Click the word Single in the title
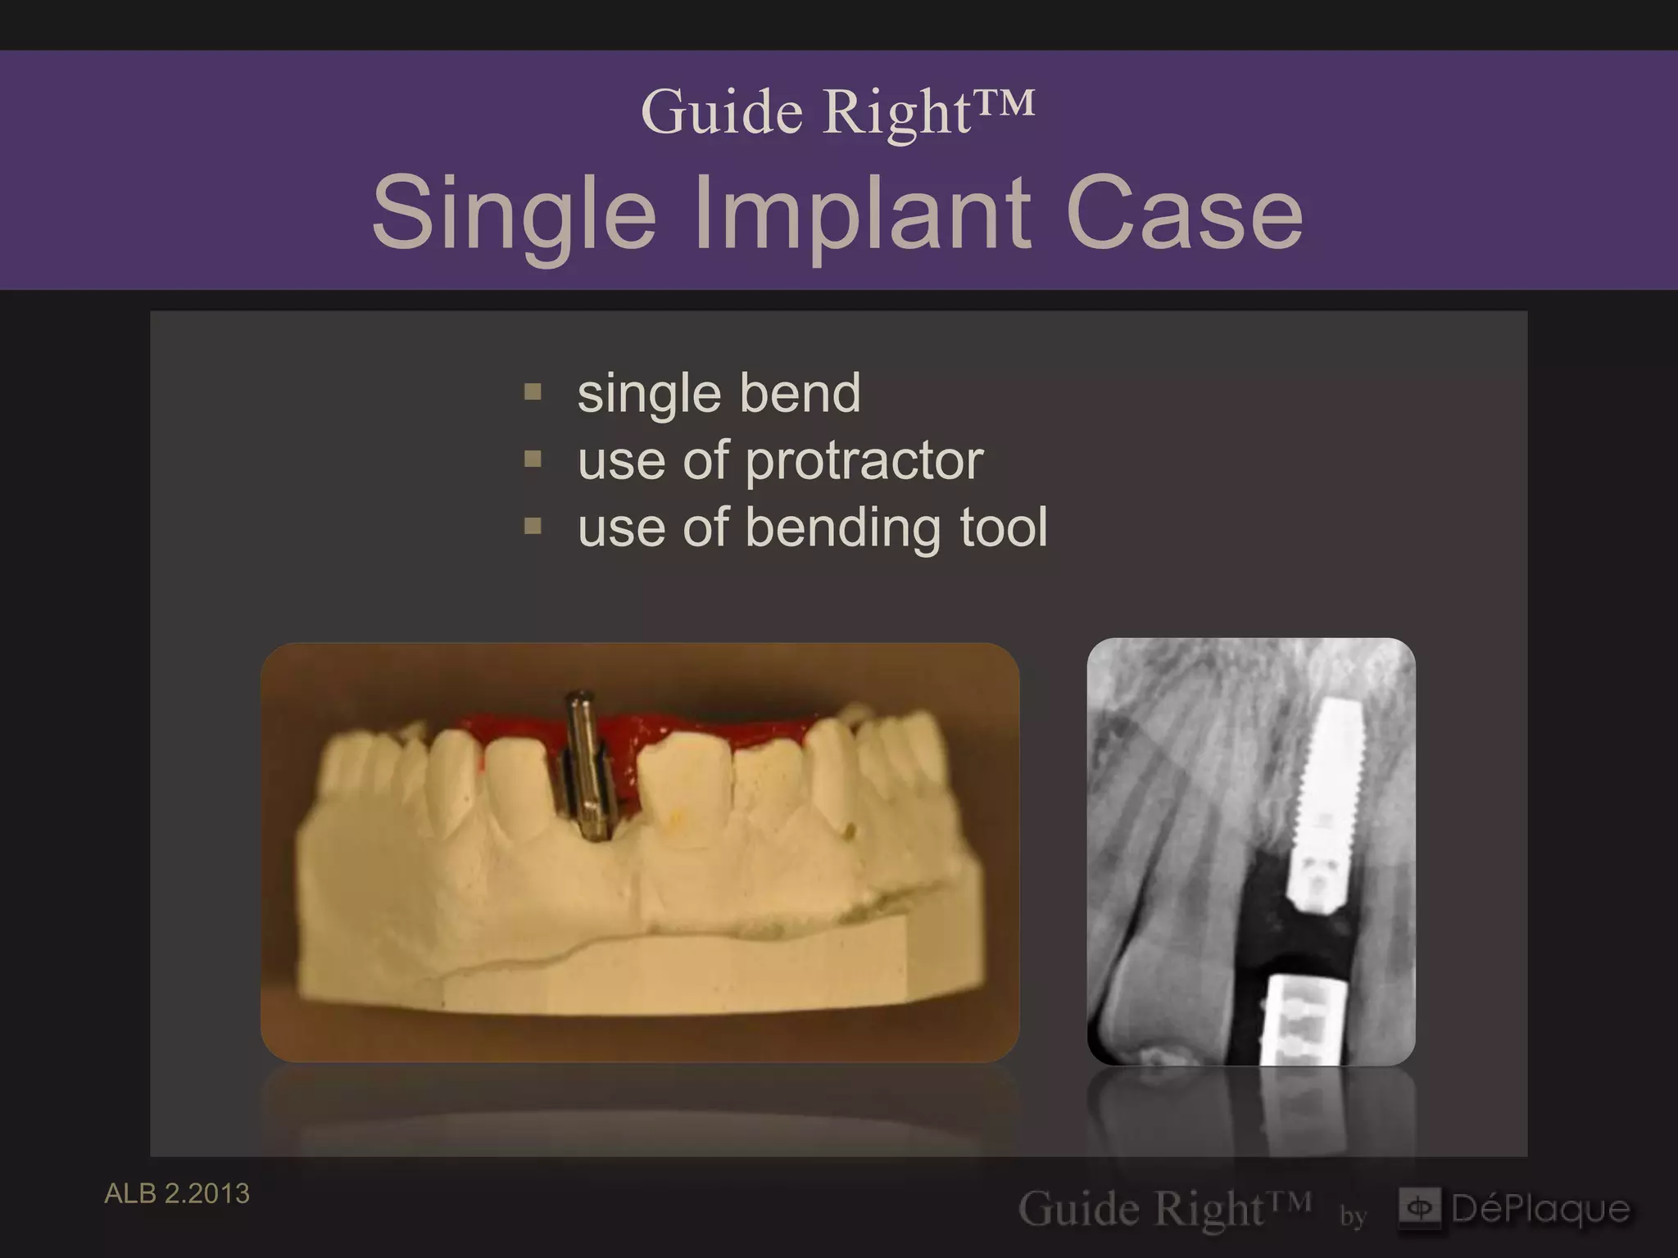514,215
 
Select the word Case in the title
1184,215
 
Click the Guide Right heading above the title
837,111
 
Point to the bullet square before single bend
533,392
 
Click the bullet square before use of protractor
533,459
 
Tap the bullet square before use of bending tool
533,526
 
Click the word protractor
864,461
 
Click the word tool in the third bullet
1004,527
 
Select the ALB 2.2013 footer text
177,1194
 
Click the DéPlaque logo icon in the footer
1419,1208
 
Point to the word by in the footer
1353,1216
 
